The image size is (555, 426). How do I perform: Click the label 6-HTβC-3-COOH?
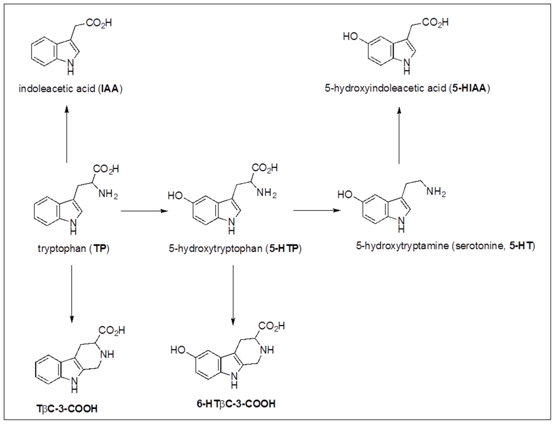236,403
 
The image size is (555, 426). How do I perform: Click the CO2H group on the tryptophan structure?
106,169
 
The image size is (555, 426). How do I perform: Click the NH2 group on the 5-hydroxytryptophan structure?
266,193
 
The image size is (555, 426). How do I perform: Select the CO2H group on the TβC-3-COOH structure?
112,330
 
